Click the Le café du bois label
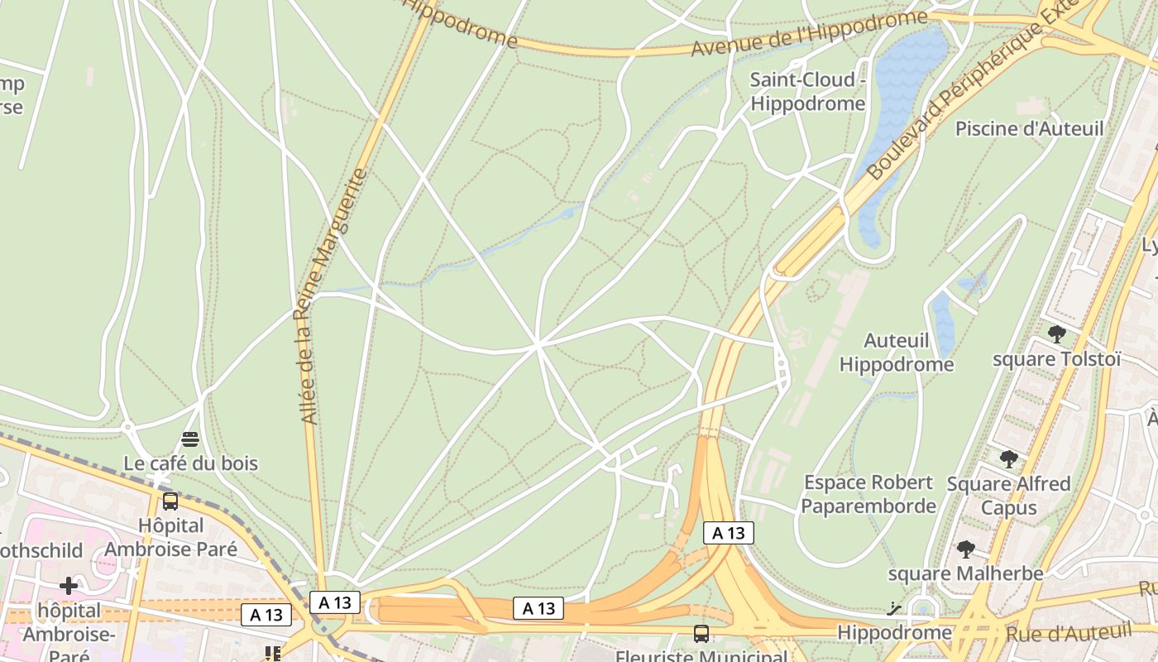(190, 463)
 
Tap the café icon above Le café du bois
(190, 439)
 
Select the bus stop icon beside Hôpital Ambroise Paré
(170, 501)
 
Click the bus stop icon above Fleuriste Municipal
(701, 634)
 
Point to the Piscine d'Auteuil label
(1029, 129)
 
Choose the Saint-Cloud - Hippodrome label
(807, 92)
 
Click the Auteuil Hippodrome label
(897, 353)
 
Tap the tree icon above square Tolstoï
(1056, 334)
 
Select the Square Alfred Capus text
(1008, 495)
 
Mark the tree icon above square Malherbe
(965, 549)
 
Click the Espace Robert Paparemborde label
(868, 494)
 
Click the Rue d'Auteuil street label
(1067, 634)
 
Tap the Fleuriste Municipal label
(701, 656)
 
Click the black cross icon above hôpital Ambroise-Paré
(69, 586)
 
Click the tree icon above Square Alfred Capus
(1008, 458)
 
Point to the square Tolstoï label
(1056, 359)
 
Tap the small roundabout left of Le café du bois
(127, 427)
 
